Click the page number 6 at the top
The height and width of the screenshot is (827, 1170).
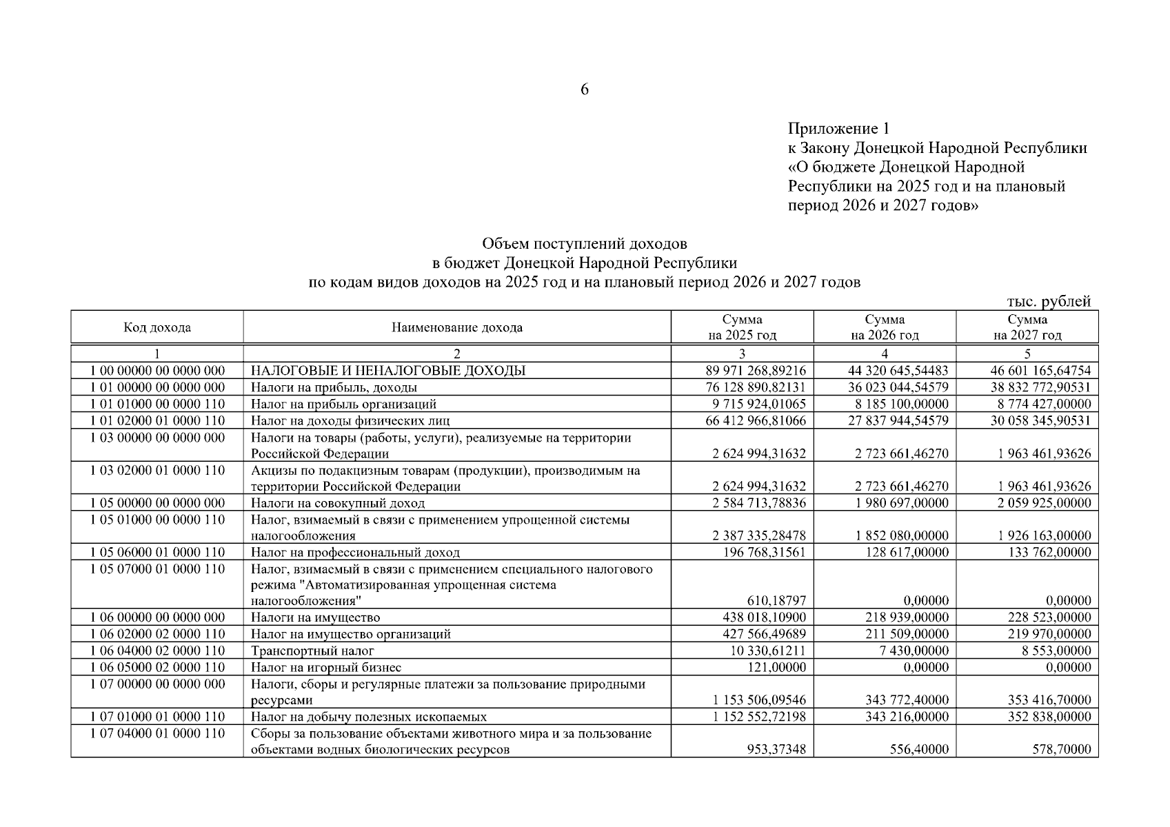click(584, 90)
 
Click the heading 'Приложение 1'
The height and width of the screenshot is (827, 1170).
click(839, 129)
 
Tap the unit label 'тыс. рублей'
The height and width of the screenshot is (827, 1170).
click(1049, 301)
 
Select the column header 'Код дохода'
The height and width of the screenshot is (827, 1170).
click(157, 327)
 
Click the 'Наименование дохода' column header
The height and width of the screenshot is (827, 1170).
click(456, 327)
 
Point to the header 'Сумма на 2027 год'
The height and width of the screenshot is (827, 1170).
click(1027, 327)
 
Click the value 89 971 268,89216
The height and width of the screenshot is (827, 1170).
click(755, 371)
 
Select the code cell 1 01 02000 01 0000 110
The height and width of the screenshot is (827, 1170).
click(157, 420)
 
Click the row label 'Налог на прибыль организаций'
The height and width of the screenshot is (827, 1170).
click(343, 404)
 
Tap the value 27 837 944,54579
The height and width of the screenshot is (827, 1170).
click(898, 420)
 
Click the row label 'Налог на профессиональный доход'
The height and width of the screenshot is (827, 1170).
click(355, 552)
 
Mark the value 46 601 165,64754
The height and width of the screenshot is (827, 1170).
click(1040, 371)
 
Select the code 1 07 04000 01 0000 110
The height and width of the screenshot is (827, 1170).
click(157, 734)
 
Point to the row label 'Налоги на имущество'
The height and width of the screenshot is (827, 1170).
click(315, 617)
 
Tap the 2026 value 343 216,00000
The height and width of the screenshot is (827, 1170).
click(907, 717)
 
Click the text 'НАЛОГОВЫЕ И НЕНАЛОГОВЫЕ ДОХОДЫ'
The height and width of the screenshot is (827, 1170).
click(387, 371)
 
